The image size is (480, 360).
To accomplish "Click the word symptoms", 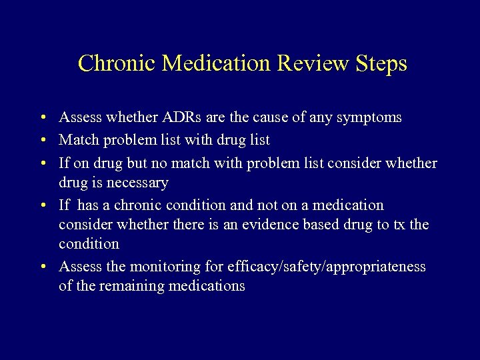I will click(369, 117).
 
